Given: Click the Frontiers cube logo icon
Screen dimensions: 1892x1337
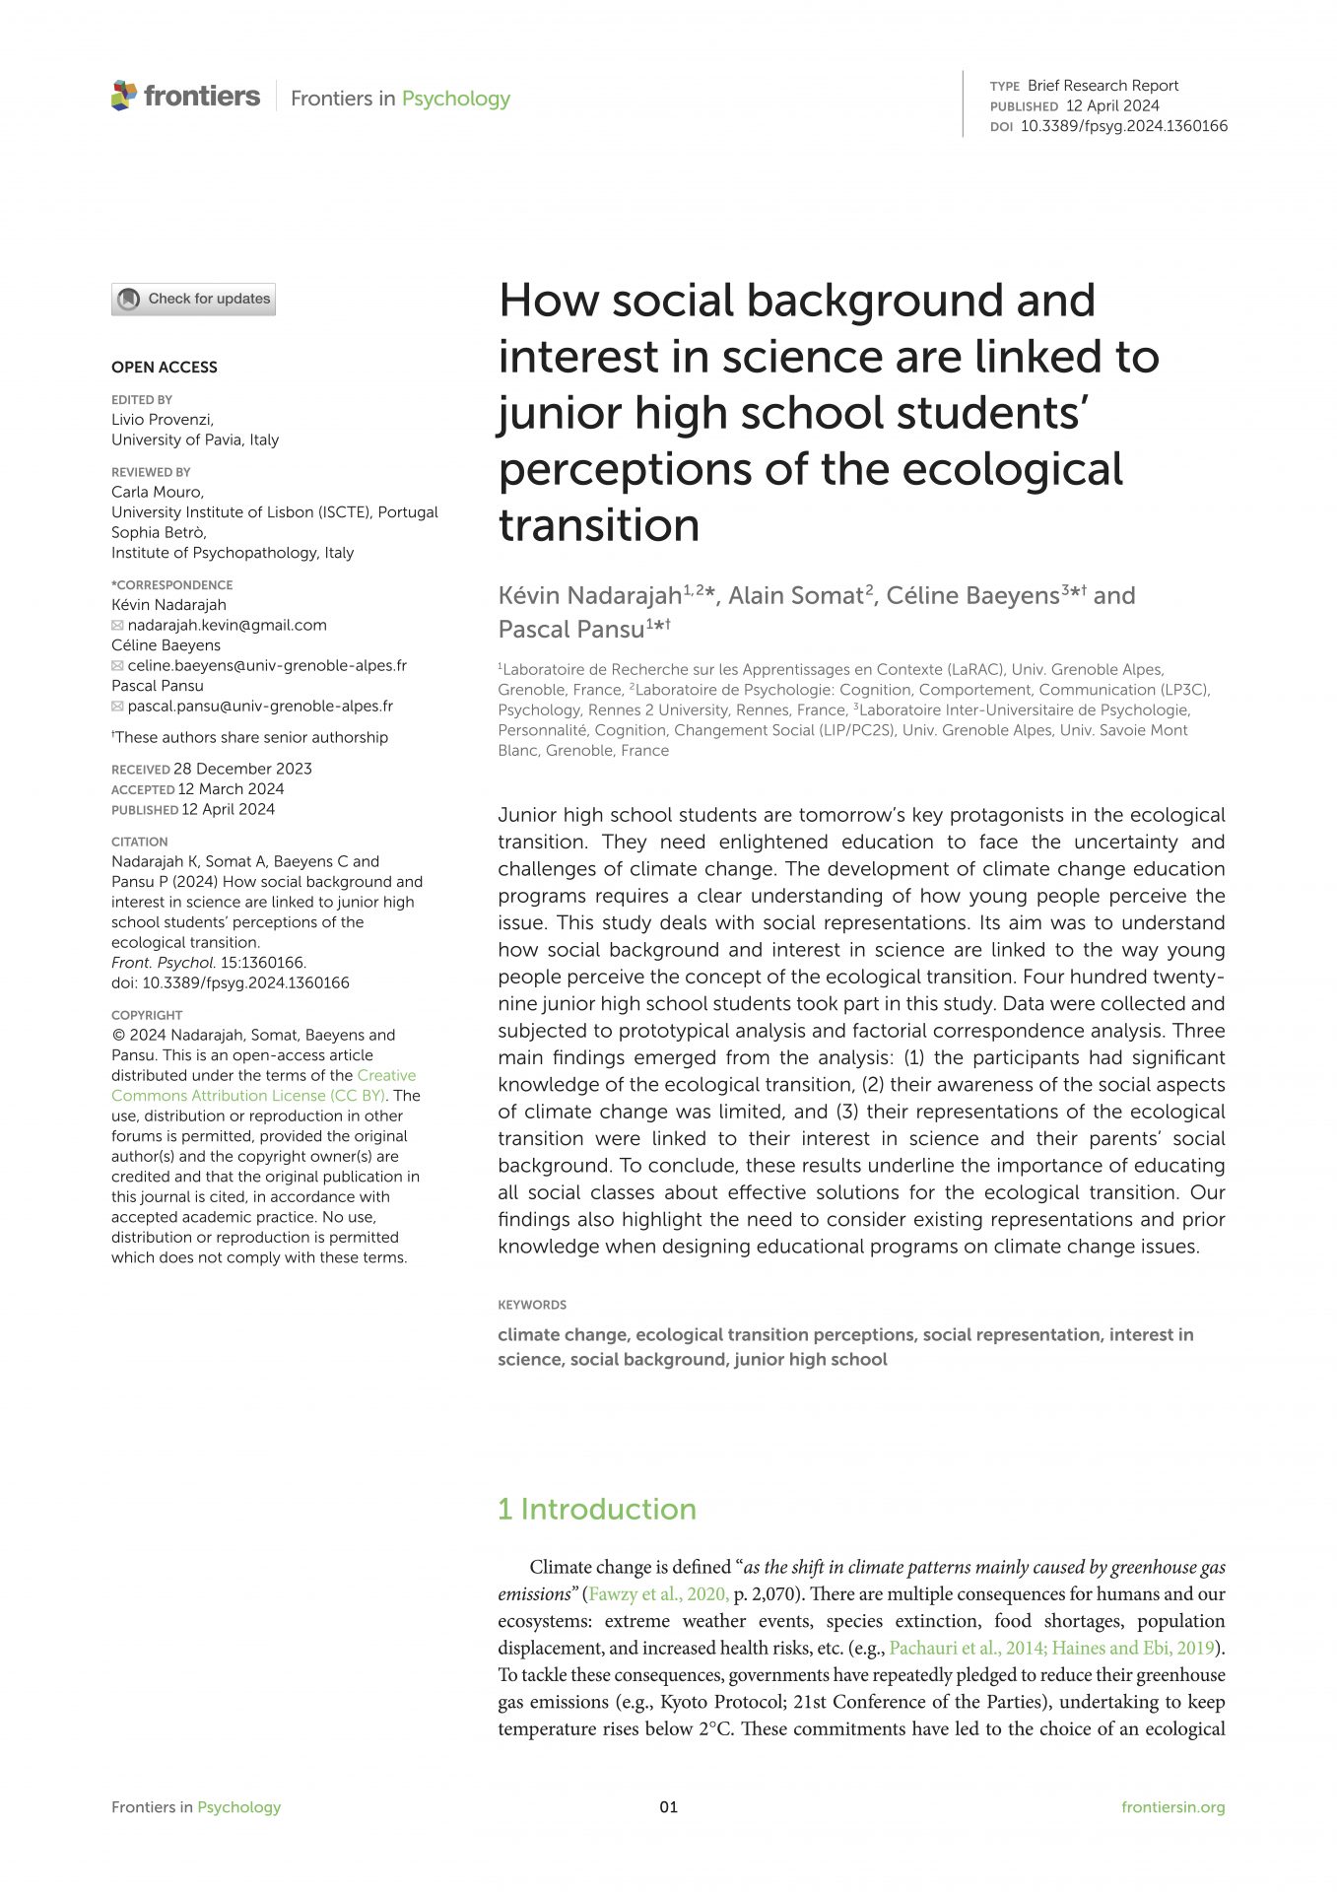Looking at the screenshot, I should tap(124, 96).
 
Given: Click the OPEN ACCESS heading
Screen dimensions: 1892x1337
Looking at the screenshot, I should tap(164, 367).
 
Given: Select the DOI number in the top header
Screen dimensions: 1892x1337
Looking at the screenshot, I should tap(1123, 126).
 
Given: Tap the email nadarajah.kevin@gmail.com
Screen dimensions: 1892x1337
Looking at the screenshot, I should tap(227, 625).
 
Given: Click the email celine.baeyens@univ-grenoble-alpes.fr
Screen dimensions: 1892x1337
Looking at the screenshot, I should tap(267, 665).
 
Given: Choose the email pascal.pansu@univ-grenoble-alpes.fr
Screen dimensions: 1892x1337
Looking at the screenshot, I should tap(260, 706).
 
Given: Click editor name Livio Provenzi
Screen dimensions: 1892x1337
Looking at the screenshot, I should tap(162, 419).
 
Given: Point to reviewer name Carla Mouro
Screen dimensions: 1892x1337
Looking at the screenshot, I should tap(157, 492).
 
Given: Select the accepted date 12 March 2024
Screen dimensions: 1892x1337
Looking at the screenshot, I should tap(231, 788).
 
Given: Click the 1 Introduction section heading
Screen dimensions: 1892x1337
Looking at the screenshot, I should tap(597, 1509).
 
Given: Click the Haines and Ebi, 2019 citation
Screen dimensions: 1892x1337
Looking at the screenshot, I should tap(1132, 1648).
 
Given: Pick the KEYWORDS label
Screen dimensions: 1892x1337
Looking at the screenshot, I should tap(532, 1305).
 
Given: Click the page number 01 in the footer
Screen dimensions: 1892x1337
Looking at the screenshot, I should tap(668, 1806).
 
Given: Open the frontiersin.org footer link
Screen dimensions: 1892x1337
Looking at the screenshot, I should tap(1172, 1806).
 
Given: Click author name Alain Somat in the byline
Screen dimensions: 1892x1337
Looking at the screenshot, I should tap(795, 595).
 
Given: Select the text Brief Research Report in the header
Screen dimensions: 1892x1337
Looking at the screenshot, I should tap(1103, 86).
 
